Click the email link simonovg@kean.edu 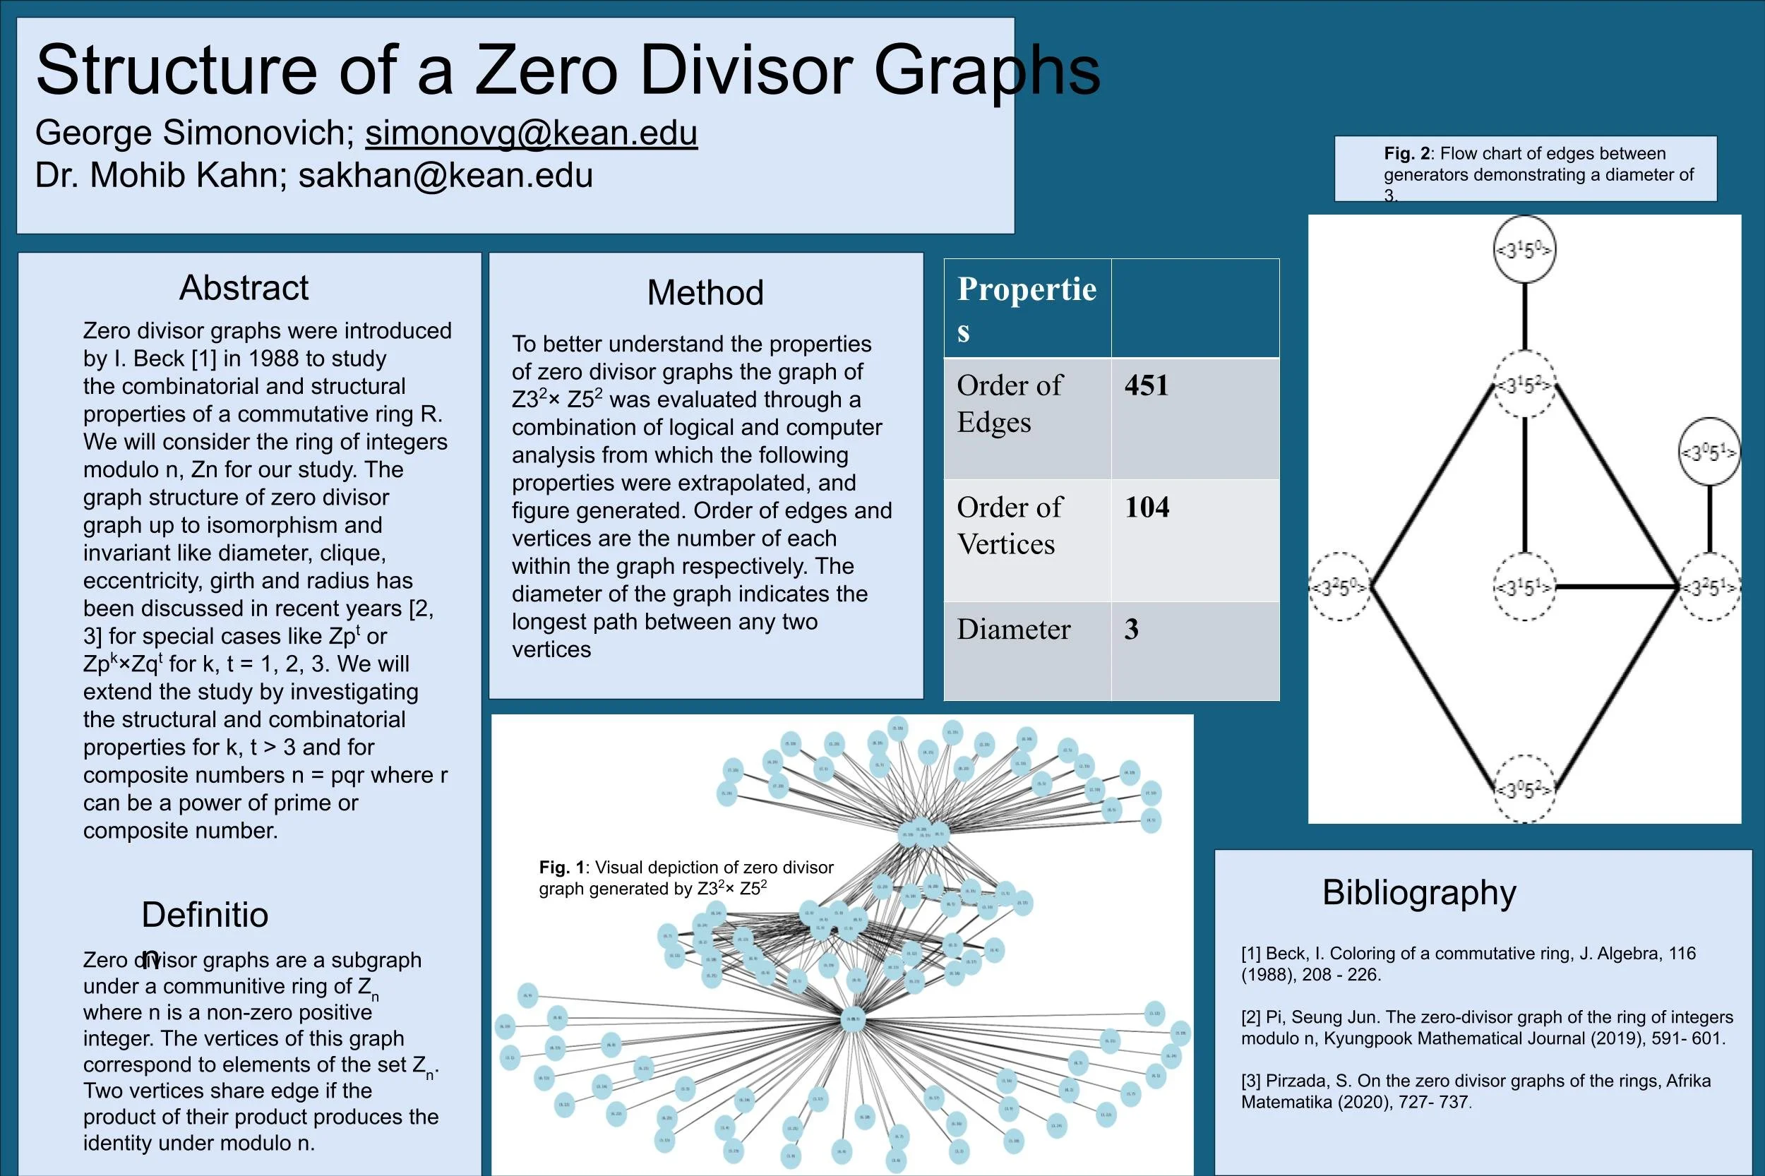tap(531, 133)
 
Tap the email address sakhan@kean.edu tap(445, 176)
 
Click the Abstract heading tap(244, 288)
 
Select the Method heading tap(705, 292)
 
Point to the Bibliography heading tap(1418, 892)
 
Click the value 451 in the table tap(1146, 385)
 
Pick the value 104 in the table tap(1146, 508)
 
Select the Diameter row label tap(1013, 629)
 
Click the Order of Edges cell tap(1009, 404)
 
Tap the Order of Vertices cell tap(1009, 525)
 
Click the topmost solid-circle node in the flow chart tap(1524, 250)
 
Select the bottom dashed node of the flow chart tap(1524, 789)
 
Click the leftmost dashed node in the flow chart tap(1340, 587)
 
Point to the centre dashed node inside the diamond tap(1524, 587)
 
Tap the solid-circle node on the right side tap(1709, 452)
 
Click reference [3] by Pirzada tap(1475, 1091)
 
